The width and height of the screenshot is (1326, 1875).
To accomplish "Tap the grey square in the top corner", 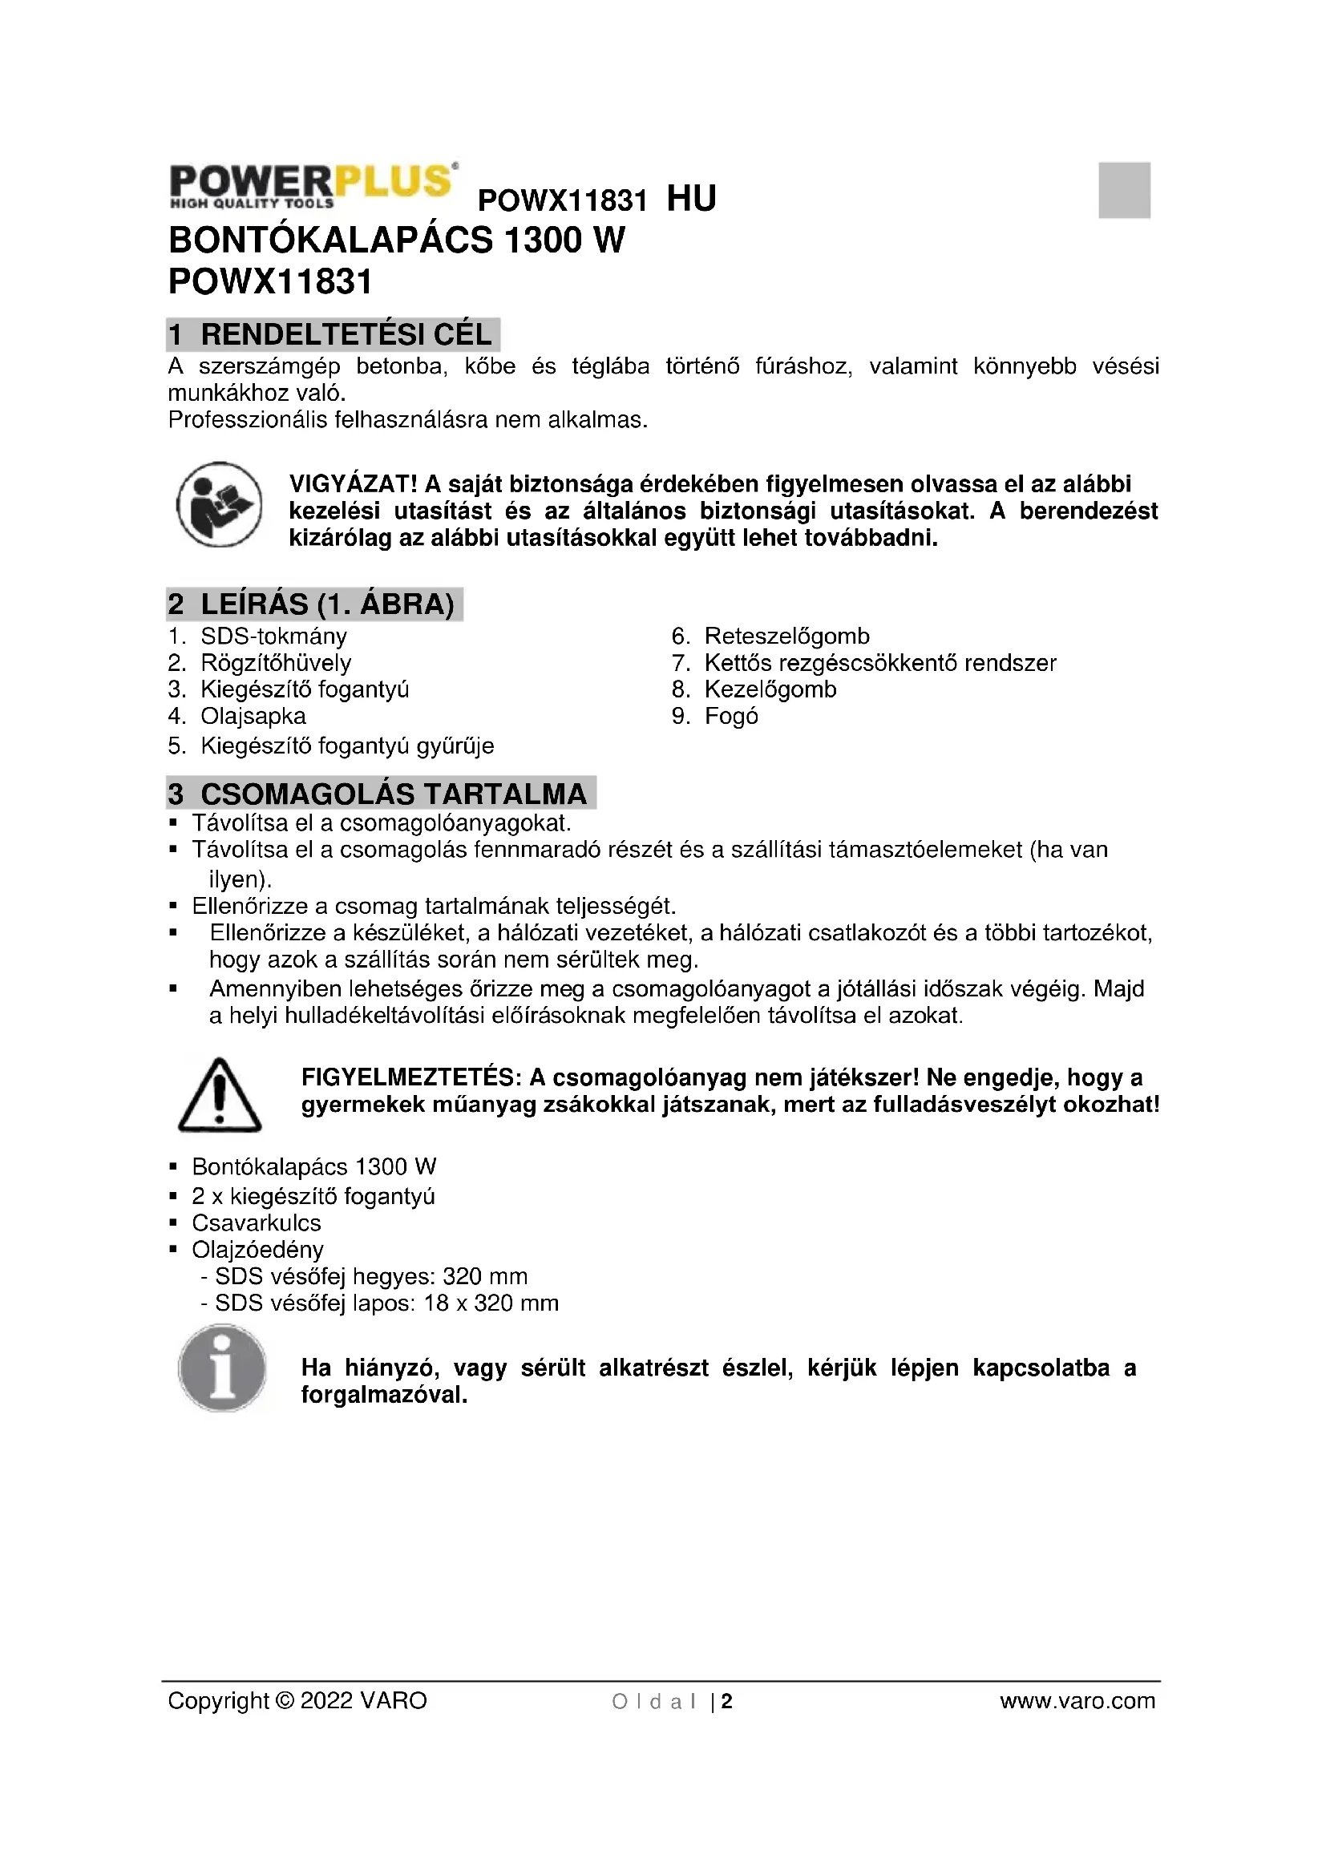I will [1123, 190].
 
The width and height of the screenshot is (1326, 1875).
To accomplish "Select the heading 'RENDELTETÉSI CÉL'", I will [346, 335].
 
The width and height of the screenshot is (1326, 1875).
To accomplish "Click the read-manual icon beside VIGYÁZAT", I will [220, 504].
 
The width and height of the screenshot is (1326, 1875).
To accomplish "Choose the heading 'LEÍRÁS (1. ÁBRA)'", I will [326, 604].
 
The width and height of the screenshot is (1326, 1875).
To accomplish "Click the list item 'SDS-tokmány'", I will [273, 636].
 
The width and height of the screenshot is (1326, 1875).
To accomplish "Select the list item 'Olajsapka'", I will [253, 716].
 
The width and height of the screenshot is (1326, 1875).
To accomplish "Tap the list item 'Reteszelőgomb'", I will [787, 636].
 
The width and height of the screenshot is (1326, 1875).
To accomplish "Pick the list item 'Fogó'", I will [731, 716].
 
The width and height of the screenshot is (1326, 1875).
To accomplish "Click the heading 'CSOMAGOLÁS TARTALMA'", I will [394, 794].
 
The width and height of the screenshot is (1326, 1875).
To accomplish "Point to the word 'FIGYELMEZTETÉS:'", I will [410, 1078].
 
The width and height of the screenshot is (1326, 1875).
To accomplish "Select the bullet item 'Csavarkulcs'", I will [257, 1222].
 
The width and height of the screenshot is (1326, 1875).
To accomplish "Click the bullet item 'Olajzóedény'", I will [257, 1250].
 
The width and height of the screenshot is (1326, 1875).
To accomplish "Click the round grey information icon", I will [222, 1368].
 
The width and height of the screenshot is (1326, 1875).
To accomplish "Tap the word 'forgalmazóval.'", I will [384, 1395].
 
